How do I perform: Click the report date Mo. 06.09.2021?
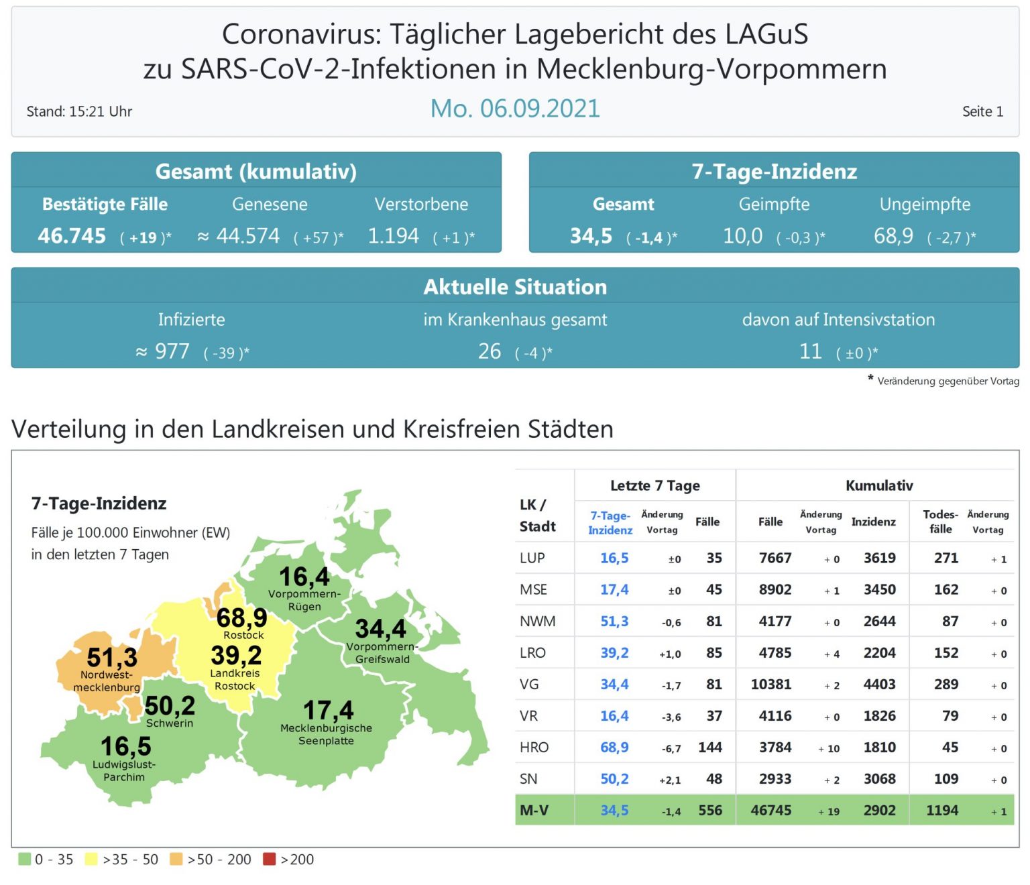(x=514, y=109)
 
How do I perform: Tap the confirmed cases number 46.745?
(x=72, y=236)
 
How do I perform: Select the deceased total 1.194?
(x=393, y=236)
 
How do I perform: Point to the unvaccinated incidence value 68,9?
(x=893, y=236)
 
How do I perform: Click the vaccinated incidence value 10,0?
(x=742, y=236)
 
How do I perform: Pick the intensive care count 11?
(x=810, y=351)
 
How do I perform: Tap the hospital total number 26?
(x=490, y=351)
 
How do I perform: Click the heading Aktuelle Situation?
(x=514, y=287)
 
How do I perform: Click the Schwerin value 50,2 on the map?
(x=170, y=705)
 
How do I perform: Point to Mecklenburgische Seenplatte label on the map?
(x=326, y=734)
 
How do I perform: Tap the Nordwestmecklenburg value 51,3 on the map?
(x=112, y=657)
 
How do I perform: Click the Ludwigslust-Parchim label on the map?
(x=124, y=770)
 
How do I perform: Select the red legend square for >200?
(x=270, y=859)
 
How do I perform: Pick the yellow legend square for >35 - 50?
(x=91, y=859)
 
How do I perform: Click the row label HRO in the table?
(x=534, y=747)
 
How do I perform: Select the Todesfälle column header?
(x=940, y=521)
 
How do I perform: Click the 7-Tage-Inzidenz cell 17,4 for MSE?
(x=614, y=589)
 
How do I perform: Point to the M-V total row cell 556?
(x=710, y=810)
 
